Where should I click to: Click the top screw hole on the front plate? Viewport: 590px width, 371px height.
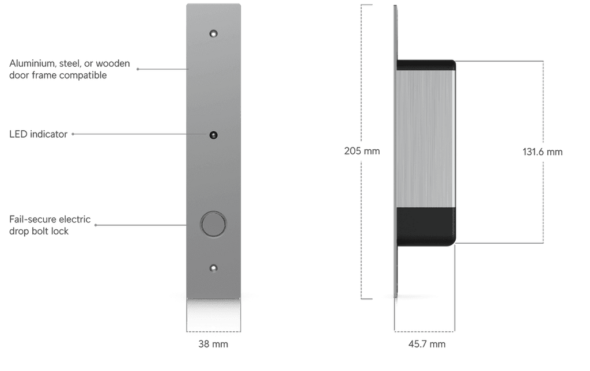213,34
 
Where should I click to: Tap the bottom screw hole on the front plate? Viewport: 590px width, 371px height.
213,268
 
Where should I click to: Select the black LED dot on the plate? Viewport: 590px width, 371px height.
213,135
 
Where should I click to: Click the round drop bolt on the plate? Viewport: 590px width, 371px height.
213,224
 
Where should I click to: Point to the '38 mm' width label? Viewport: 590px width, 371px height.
213,344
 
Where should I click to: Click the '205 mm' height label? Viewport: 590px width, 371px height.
362,151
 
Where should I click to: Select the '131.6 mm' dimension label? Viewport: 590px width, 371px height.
542,152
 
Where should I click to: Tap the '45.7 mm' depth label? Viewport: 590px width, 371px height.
427,344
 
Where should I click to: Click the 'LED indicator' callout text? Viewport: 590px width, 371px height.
39,134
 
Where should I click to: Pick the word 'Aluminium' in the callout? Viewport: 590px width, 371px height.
33,63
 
